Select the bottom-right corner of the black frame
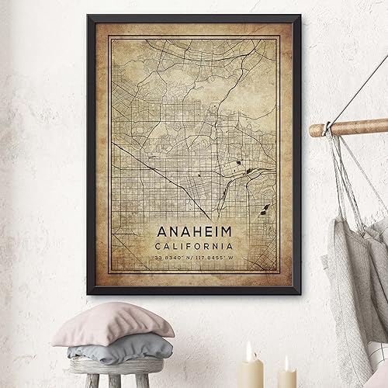pos(299,302)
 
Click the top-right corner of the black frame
pos(300,15)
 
